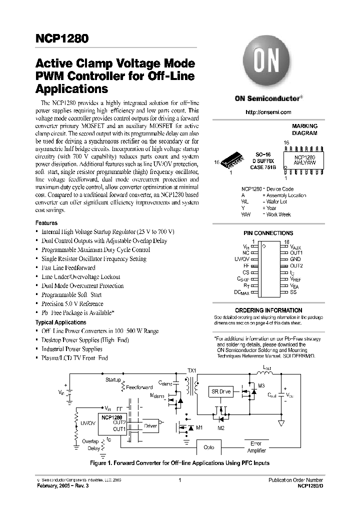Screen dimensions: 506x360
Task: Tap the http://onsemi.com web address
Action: point(268,112)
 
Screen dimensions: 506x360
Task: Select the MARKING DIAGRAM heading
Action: point(304,130)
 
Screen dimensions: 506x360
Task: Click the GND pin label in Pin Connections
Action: point(295,259)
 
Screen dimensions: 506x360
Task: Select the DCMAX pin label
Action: point(241,292)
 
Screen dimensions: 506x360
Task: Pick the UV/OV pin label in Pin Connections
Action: point(241,259)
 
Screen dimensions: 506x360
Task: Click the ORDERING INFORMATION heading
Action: point(268,310)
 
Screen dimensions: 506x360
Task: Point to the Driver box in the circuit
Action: point(150,425)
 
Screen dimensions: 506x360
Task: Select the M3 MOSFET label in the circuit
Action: point(261,385)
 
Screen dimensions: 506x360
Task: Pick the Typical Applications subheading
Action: point(60,322)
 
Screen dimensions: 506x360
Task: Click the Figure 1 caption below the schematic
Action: point(180,463)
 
